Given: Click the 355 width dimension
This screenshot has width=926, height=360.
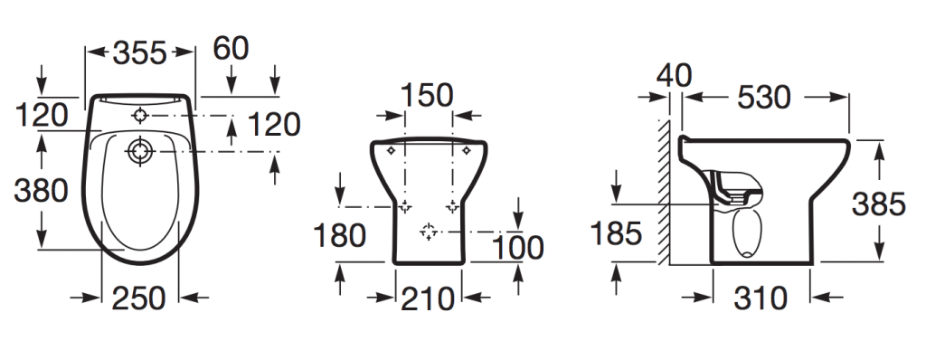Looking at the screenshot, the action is (x=140, y=53).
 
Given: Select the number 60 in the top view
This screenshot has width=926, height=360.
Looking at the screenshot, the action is (x=231, y=49).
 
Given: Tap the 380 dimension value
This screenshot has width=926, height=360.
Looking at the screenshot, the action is (x=41, y=191).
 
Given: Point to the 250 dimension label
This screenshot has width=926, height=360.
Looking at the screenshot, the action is (x=138, y=298).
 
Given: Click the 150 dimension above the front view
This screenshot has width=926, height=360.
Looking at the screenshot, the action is (x=427, y=95).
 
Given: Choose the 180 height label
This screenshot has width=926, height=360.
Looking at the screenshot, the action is (x=340, y=235).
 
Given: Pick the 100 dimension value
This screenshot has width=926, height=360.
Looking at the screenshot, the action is (x=517, y=248).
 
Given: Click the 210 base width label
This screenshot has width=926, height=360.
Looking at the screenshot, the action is (x=428, y=298).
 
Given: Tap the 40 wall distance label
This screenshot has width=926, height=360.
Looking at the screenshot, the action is (x=673, y=76).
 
